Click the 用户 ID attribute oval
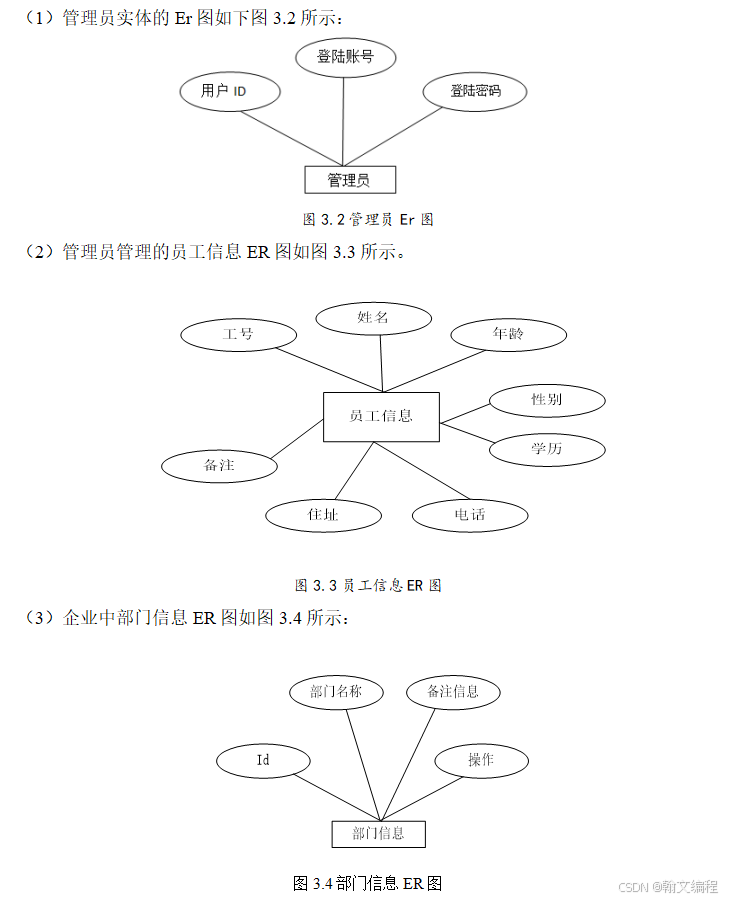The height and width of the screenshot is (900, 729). [x=229, y=92]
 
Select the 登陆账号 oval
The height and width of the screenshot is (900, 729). [x=345, y=57]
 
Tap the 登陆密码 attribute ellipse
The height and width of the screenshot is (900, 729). [x=474, y=92]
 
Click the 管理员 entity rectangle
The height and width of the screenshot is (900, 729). [x=350, y=180]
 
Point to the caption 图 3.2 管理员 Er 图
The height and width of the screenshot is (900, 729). [x=368, y=219]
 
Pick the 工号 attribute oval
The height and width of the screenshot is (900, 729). [x=238, y=333]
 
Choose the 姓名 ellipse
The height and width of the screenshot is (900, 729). [x=373, y=318]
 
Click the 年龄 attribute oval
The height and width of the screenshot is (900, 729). [x=508, y=334]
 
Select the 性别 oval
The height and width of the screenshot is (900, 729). [x=547, y=401]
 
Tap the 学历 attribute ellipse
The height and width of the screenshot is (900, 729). [x=547, y=448]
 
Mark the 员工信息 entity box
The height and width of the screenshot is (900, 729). [x=381, y=416]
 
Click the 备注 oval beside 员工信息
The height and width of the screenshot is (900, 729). [x=219, y=465]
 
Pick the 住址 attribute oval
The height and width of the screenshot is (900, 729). [x=323, y=515]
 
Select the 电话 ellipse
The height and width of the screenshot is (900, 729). [x=469, y=515]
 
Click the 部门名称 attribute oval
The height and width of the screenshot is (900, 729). [x=336, y=691]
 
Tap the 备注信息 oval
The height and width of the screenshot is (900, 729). [x=453, y=691]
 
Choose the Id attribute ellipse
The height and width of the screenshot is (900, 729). [x=263, y=760]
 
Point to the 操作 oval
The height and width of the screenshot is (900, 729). [x=481, y=760]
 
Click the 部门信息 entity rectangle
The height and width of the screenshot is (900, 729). [x=379, y=834]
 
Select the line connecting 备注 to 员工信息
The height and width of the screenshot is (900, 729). [x=299, y=442]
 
